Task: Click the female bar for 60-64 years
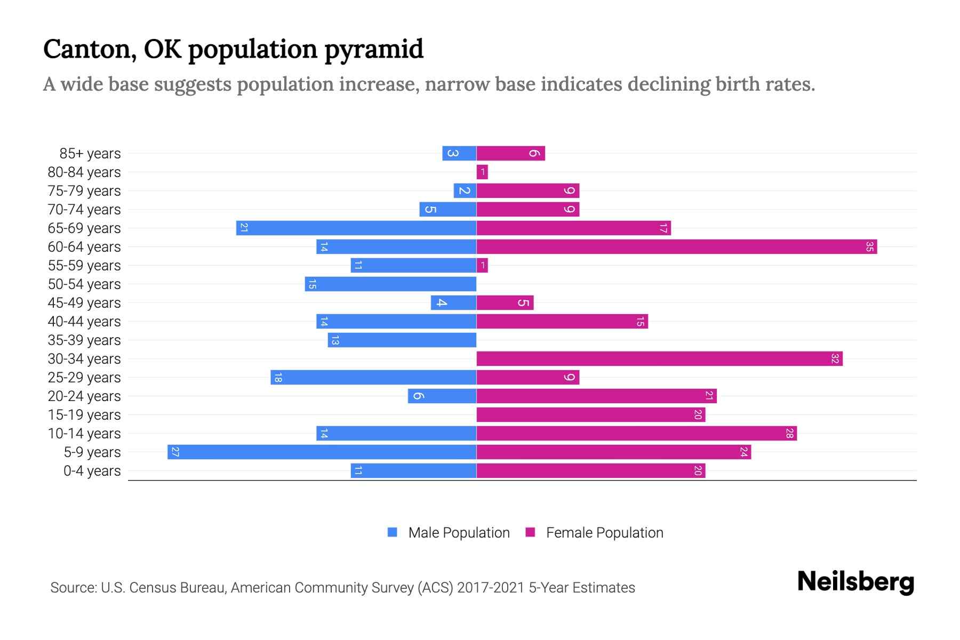676,247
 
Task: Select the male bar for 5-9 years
322,452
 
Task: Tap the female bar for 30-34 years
659,359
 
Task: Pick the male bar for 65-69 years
356,228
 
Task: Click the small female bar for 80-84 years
482,172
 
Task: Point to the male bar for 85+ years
459,154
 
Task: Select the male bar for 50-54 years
390,284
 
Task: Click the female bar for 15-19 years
590,415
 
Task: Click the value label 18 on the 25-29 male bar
278,378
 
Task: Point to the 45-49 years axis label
84,303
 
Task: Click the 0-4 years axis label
92,471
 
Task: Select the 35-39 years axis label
84,340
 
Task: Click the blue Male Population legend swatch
393,532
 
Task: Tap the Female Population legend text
604,533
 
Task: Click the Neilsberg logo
855,582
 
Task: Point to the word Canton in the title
86,50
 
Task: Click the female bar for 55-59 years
482,266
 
